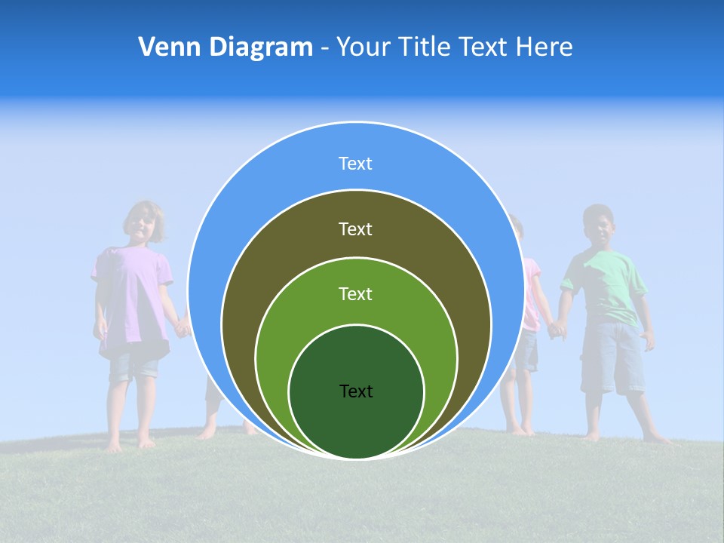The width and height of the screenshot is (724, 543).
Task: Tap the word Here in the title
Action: coord(544,48)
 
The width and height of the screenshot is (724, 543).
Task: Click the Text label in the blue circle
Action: coord(355,164)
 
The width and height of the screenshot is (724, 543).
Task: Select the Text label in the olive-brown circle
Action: coord(355,229)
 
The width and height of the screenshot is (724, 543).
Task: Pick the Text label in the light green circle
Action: coord(355,294)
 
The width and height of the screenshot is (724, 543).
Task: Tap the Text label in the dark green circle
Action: coord(356,391)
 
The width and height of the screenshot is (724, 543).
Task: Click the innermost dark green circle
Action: coord(356,422)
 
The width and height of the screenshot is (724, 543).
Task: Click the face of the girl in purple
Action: coord(142,222)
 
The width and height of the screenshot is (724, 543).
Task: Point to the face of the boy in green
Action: coord(599,228)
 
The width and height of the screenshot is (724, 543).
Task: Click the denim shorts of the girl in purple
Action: coord(133,366)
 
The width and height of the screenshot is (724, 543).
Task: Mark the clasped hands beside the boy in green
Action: coord(557,329)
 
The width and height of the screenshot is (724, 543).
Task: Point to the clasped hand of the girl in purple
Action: coord(182,328)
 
